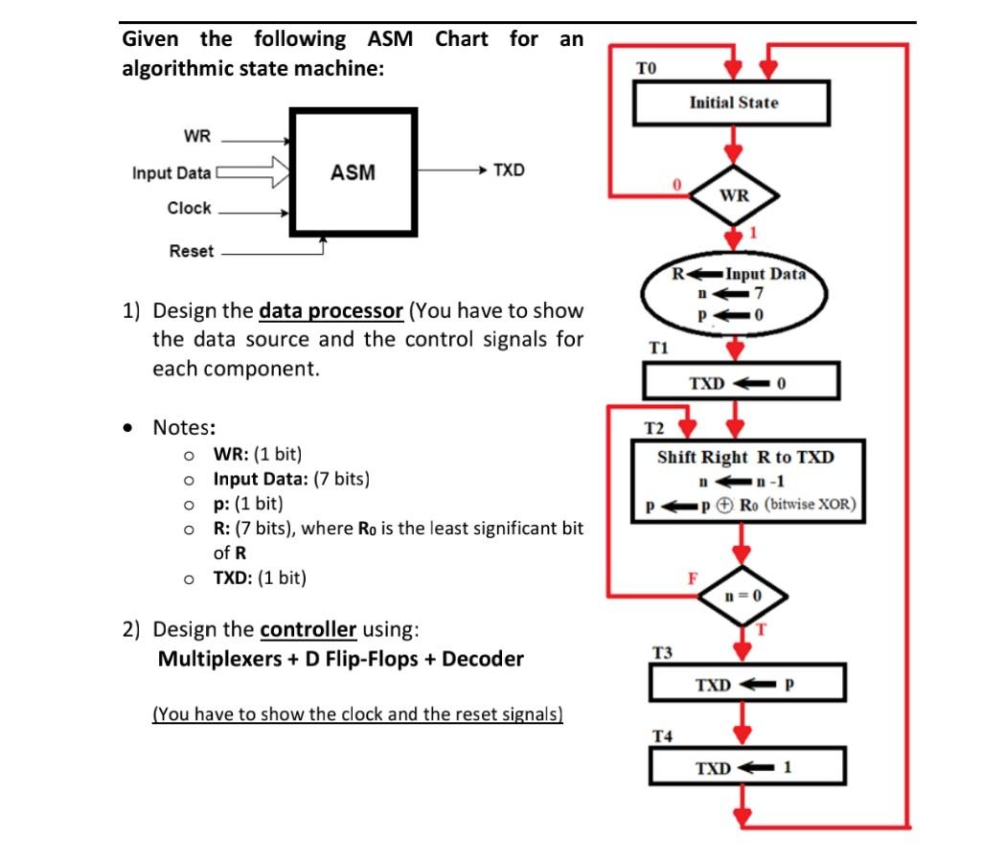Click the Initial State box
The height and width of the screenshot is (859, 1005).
point(733,102)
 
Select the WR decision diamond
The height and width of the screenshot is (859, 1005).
point(734,195)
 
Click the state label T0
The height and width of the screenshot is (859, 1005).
point(647,67)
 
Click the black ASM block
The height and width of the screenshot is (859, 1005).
point(354,172)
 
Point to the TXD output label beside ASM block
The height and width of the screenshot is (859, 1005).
point(509,170)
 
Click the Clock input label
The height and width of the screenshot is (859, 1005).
point(189,208)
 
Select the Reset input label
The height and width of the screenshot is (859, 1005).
point(192,251)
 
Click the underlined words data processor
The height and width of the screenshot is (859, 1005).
point(331,311)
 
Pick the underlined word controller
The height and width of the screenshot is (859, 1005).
point(308,629)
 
